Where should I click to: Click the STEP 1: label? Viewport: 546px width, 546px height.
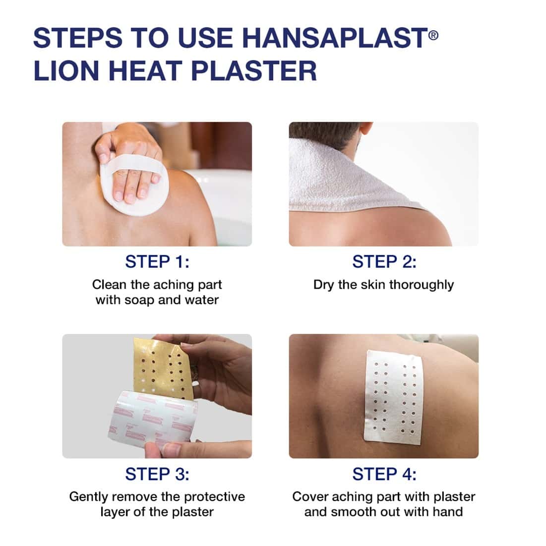coord(157,261)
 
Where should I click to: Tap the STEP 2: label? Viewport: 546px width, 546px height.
coord(384,261)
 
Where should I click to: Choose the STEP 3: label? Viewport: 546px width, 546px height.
coord(157,474)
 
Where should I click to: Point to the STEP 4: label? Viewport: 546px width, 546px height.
coord(384,474)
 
